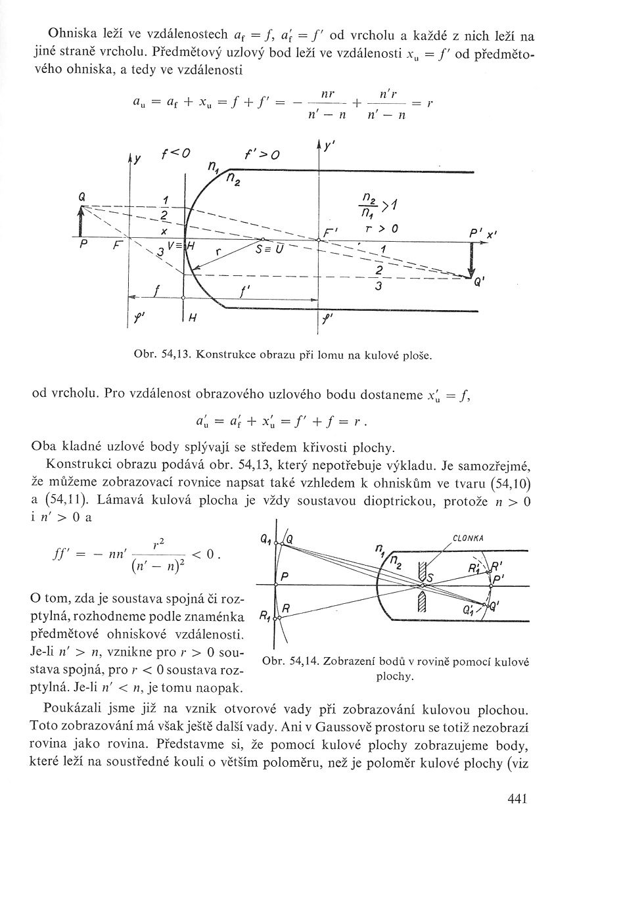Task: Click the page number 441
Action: [x=518, y=798]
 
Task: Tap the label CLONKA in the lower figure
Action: [x=468, y=538]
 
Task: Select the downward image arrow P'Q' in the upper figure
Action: [x=471, y=260]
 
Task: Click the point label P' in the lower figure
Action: [x=498, y=578]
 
